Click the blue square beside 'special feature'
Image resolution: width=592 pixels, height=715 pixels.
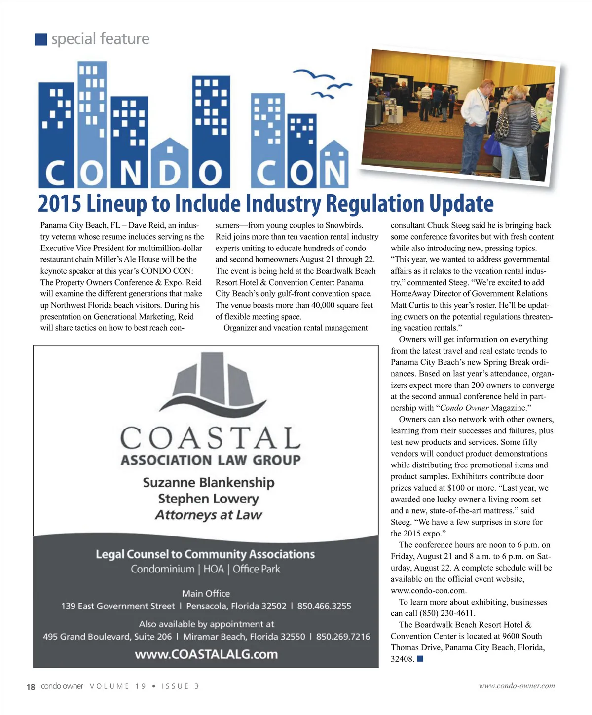point(41,39)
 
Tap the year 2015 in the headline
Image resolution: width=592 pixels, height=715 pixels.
point(61,203)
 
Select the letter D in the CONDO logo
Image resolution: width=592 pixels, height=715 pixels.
point(170,174)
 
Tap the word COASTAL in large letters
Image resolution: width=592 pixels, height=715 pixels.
point(211,438)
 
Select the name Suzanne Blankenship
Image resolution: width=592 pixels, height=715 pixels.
point(208,482)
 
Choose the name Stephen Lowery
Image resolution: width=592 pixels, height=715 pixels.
point(208,499)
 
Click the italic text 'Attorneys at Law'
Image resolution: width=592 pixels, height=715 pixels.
point(208,515)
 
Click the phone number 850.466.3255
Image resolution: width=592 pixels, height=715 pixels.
point(324,606)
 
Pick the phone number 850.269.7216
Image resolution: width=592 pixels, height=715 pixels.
point(343,637)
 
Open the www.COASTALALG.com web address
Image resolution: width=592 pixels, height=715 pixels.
point(206,654)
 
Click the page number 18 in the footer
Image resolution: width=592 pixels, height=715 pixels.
point(31,687)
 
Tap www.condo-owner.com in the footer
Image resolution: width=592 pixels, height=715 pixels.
point(517,686)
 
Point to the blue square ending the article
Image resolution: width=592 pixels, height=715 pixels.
point(420,659)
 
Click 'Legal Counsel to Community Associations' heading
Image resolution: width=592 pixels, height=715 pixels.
point(205,554)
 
